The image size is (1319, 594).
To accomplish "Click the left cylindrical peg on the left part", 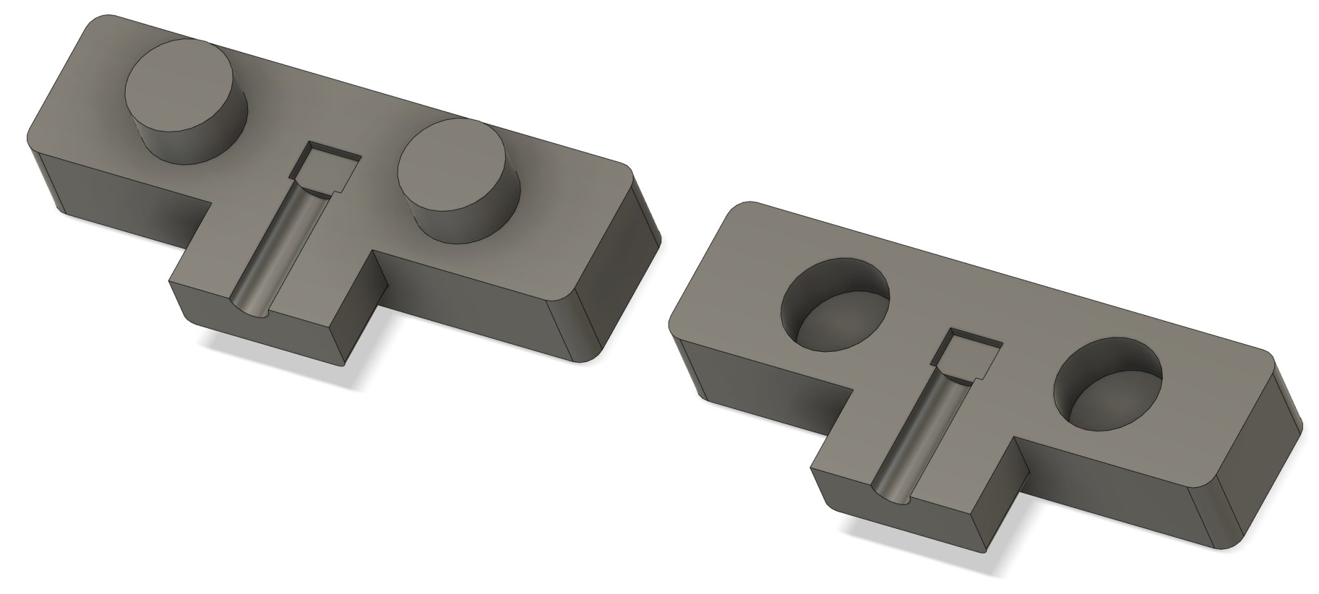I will pos(185,103).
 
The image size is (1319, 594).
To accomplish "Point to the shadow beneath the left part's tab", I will pos(283,367).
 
